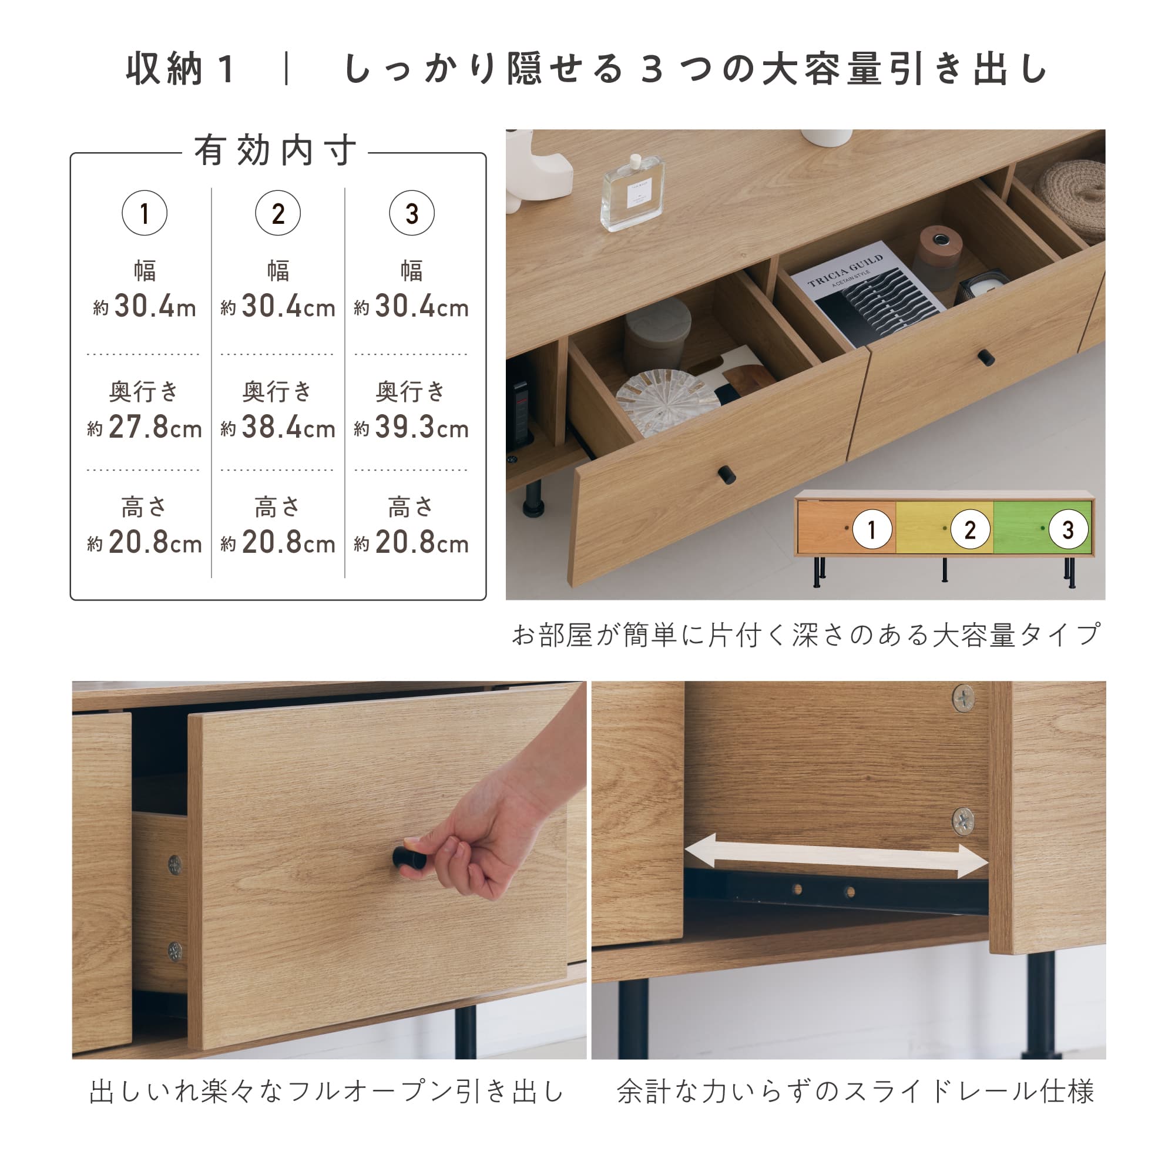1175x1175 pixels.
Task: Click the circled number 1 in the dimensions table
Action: click(x=144, y=213)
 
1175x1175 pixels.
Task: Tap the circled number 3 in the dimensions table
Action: click(x=412, y=213)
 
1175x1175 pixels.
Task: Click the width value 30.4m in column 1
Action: click(x=145, y=306)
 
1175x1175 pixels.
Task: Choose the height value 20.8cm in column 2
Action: click(x=278, y=542)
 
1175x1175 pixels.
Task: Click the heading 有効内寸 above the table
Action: click(x=276, y=150)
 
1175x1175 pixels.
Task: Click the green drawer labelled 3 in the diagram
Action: click(x=1042, y=529)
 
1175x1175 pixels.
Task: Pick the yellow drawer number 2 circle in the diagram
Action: click(x=969, y=530)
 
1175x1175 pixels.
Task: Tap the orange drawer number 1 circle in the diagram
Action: click(x=871, y=530)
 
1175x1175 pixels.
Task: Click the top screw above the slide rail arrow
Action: click(x=963, y=697)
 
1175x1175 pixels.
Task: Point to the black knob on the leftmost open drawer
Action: click(x=727, y=474)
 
